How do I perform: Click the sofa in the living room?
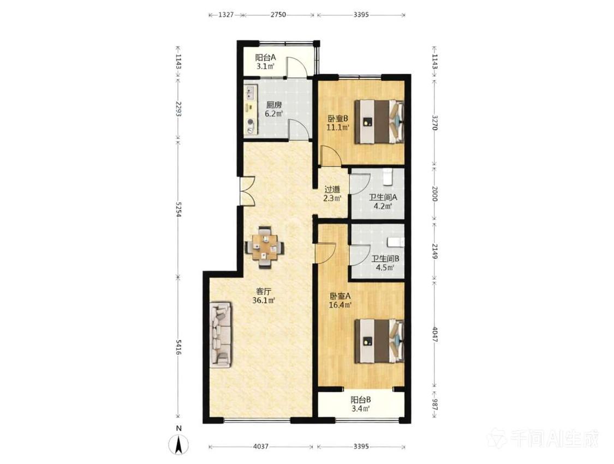click(x=221, y=334)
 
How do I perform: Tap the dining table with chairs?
click(x=265, y=246)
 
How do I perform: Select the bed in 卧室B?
click(x=379, y=122)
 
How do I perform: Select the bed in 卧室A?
click(x=379, y=341)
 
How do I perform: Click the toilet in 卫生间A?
click(x=388, y=176)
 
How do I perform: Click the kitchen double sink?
click(x=250, y=93)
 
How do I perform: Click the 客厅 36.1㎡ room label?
click(x=264, y=296)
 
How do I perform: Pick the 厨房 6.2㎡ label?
click(x=274, y=109)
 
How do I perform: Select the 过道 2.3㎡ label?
click(x=332, y=193)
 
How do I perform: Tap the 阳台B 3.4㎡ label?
click(x=360, y=405)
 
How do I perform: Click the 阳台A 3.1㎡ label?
click(x=265, y=62)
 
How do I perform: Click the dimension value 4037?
click(x=261, y=447)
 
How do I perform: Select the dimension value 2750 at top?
click(x=278, y=15)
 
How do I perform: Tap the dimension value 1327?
click(x=226, y=15)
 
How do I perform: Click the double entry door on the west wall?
click(x=246, y=190)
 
